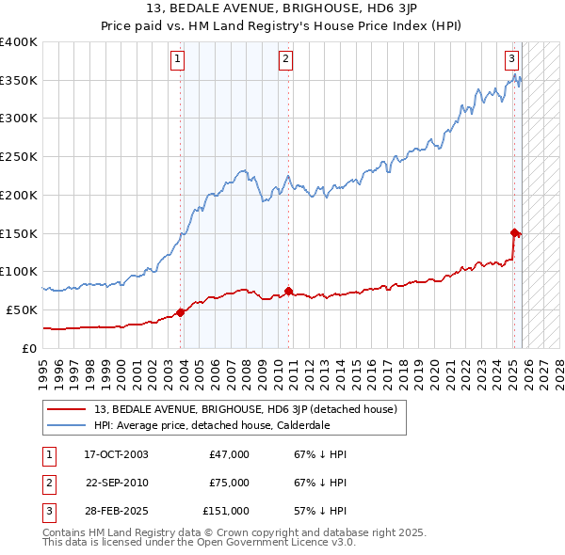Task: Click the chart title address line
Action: click(282, 9)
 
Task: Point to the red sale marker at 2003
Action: click(181, 313)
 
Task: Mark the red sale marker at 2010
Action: click(288, 291)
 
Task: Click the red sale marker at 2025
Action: click(514, 232)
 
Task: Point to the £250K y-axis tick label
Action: click(19, 157)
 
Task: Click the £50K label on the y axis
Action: click(23, 309)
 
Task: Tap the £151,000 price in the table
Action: click(226, 511)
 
